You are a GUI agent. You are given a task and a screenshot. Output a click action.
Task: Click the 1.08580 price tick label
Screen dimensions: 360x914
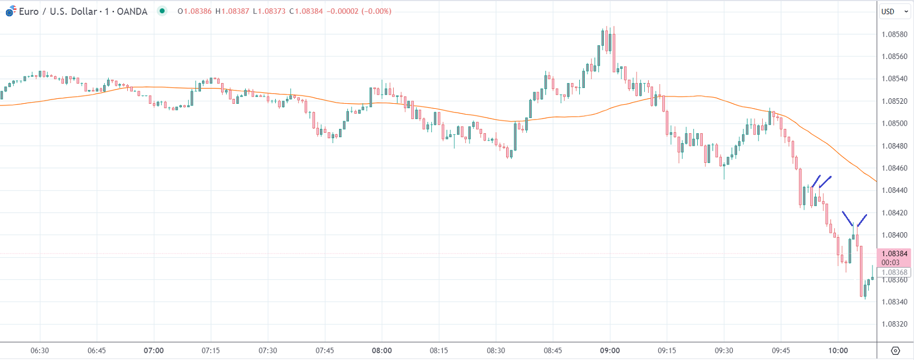(x=894, y=34)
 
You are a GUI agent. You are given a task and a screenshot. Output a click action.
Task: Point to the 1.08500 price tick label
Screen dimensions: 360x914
(x=894, y=123)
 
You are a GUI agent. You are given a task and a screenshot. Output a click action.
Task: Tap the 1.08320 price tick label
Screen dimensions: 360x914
(x=894, y=324)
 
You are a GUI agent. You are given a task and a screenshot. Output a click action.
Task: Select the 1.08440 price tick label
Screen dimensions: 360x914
(x=894, y=191)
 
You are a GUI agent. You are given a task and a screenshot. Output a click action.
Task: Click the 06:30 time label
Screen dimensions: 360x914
(x=40, y=351)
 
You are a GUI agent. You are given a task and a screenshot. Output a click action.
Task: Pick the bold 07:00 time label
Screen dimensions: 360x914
(x=153, y=351)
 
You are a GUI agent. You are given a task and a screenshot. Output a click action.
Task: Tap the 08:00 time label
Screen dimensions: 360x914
(x=382, y=351)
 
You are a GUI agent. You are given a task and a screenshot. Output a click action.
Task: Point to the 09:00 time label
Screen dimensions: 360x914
(x=610, y=351)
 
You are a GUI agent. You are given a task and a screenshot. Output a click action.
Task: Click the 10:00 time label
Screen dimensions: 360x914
(x=838, y=351)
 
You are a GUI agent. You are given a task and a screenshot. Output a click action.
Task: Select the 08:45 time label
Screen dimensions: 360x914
(x=553, y=351)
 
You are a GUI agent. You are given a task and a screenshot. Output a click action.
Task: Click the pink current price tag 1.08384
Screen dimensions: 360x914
(x=894, y=254)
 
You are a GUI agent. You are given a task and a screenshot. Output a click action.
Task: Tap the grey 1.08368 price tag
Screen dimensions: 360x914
(x=894, y=273)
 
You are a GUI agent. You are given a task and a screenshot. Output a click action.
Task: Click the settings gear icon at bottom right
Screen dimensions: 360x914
(x=895, y=351)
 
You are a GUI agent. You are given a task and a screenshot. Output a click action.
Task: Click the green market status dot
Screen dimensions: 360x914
(x=162, y=11)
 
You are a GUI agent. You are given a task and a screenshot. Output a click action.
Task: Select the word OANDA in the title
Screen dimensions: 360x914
(x=132, y=11)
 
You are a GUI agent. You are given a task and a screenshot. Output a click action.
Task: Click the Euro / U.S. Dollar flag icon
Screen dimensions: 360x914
(x=10, y=11)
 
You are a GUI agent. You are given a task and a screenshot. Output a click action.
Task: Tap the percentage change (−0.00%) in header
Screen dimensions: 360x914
(x=376, y=11)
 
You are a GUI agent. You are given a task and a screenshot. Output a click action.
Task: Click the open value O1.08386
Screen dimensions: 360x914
(x=194, y=11)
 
